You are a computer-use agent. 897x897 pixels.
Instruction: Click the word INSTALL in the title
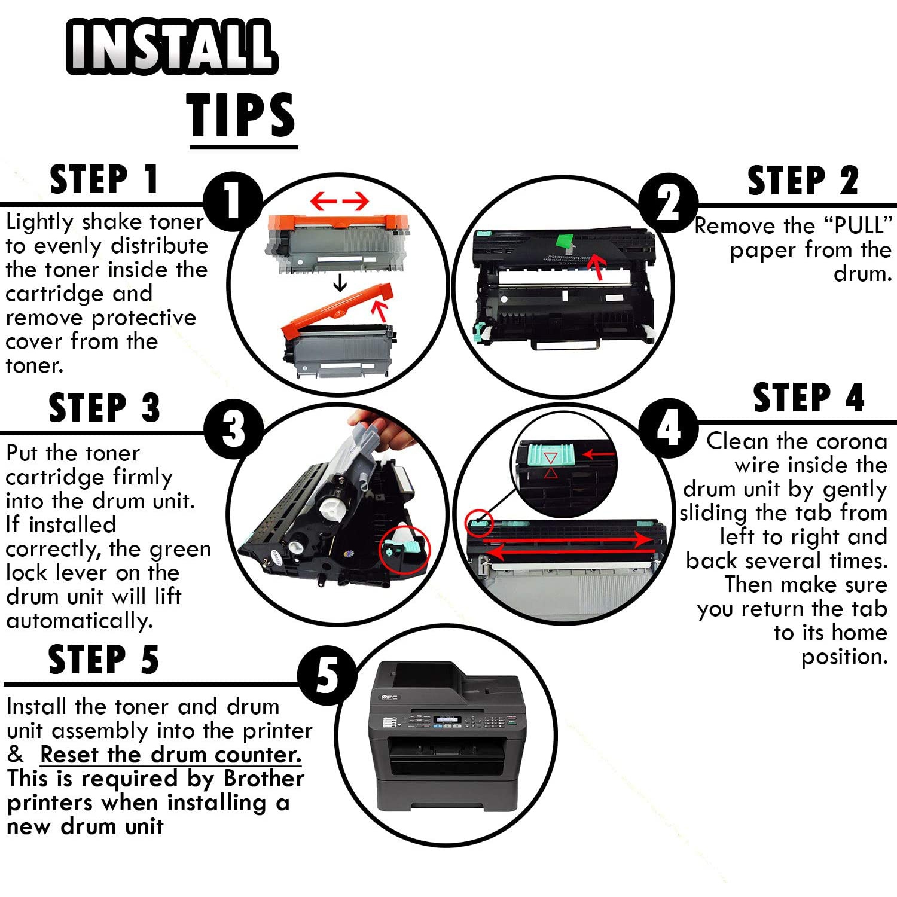(x=172, y=46)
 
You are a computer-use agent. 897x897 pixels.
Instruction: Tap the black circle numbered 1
(x=233, y=202)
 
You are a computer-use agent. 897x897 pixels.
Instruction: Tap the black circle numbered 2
(x=668, y=203)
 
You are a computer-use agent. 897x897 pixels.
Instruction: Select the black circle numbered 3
(x=234, y=429)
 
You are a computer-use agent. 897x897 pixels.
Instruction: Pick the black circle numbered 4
(x=668, y=428)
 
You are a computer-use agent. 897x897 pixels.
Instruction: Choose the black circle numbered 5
(x=327, y=676)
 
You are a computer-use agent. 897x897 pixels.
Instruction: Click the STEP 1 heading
(x=104, y=179)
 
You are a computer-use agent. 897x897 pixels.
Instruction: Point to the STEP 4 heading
(x=808, y=398)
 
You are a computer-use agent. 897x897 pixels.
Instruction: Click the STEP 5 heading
(x=103, y=660)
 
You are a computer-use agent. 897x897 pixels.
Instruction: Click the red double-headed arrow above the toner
(x=339, y=202)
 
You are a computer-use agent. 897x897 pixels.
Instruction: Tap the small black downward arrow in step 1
(x=340, y=282)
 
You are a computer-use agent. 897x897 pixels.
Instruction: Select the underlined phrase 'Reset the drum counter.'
(x=170, y=755)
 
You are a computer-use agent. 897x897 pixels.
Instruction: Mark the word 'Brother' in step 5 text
(x=264, y=779)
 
